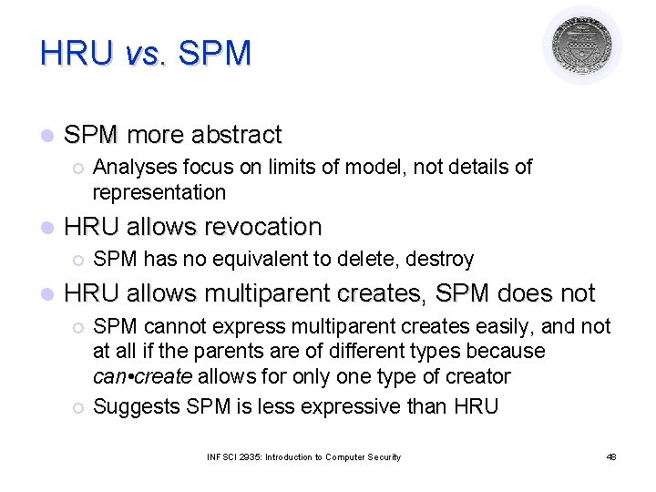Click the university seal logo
click(x=582, y=46)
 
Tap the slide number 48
click(x=611, y=456)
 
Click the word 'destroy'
click(x=440, y=260)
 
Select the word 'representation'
click(x=159, y=192)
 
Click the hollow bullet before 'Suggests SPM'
click(x=78, y=407)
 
